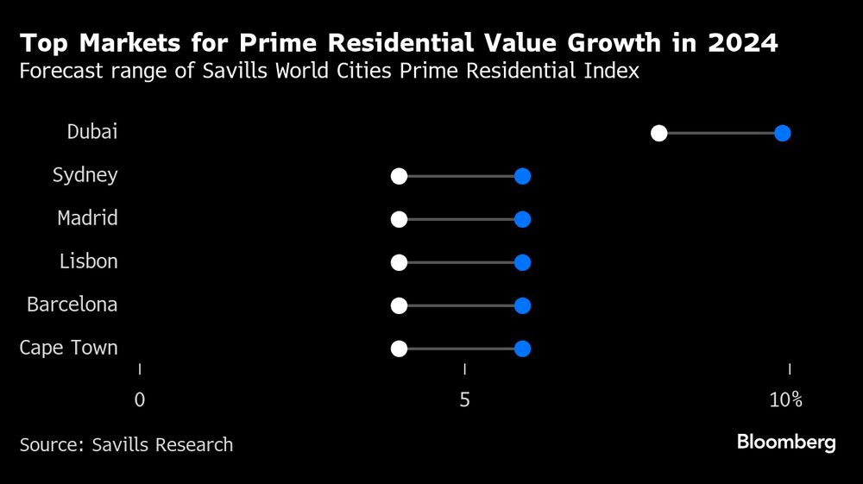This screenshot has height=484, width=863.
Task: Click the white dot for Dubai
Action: [659, 133]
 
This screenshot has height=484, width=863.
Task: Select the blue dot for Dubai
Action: [783, 133]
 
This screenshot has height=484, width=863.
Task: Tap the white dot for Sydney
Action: [399, 176]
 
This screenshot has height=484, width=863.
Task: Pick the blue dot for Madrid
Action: [522, 219]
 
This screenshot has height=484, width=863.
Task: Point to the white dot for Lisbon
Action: [399, 262]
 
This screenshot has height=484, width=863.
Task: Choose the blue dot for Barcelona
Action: [522, 305]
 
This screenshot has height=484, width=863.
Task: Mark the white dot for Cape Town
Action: [399, 349]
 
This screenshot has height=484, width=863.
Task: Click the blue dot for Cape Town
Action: [522, 349]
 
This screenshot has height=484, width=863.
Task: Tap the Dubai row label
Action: [92, 132]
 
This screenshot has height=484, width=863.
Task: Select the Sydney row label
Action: [85, 175]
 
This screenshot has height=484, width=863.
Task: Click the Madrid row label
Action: [87, 218]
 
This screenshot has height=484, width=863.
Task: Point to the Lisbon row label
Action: [88, 261]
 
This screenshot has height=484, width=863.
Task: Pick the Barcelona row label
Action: [72, 305]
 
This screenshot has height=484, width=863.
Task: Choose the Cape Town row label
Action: [68, 348]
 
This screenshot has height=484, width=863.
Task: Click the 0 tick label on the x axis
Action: [140, 400]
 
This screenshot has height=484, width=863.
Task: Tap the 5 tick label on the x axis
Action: [465, 400]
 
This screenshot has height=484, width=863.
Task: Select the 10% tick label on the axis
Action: [786, 400]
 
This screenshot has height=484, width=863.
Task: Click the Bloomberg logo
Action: [786, 443]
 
